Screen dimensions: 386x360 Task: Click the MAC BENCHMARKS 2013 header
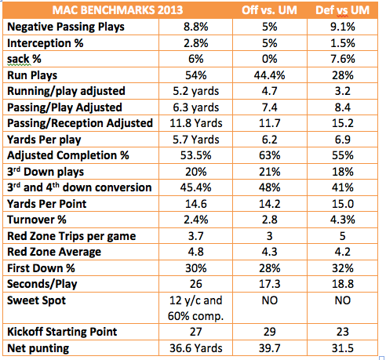tap(118, 10)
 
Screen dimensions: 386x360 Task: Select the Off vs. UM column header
tap(269, 10)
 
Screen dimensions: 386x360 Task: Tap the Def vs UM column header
tap(342, 10)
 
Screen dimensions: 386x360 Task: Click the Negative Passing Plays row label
tap(66, 27)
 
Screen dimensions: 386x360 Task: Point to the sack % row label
tap(24, 59)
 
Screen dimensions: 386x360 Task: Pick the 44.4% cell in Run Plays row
tap(269, 75)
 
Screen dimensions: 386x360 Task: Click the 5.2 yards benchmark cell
tap(196, 91)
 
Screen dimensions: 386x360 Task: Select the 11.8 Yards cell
tap(196, 123)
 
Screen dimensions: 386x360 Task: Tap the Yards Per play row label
tap(44, 140)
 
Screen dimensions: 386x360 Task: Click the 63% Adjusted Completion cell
tap(269, 155)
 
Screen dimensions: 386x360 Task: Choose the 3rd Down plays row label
tap(46, 172)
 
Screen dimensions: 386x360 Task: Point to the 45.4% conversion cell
tap(196, 187)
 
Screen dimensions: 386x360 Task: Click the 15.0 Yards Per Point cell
tap(343, 204)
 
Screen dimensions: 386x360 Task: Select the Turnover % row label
tap(37, 220)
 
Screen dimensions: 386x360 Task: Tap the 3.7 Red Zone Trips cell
tap(196, 236)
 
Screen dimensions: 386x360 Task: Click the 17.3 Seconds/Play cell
tap(269, 284)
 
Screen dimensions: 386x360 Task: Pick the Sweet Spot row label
tap(36, 300)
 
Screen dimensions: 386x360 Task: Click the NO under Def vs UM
tap(343, 300)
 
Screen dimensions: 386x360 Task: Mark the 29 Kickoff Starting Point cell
tap(269, 332)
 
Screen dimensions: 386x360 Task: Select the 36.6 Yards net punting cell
tap(196, 348)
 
